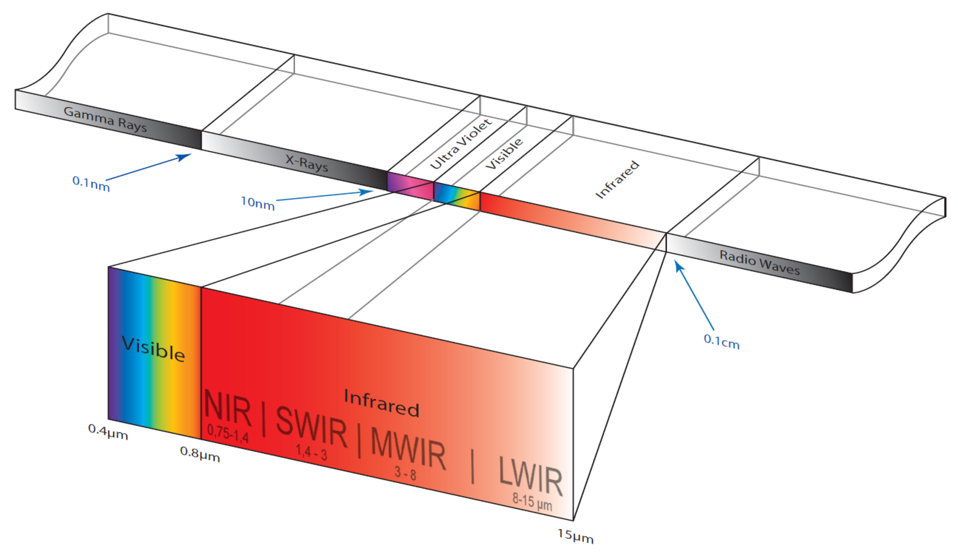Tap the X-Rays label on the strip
point(307,163)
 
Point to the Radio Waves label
point(760,262)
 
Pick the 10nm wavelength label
point(258,203)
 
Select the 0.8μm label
point(200,454)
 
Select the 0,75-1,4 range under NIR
point(228,433)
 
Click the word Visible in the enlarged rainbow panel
point(154,349)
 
